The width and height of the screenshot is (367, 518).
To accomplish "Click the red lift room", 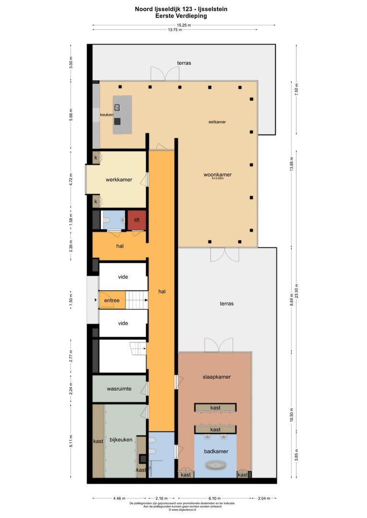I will pyautogui.click(x=137, y=220).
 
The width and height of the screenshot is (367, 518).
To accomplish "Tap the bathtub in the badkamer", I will pyautogui.click(x=215, y=465).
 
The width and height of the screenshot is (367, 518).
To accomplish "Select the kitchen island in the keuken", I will pyautogui.click(x=122, y=115).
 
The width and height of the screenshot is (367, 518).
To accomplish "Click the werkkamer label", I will pyautogui.click(x=119, y=180).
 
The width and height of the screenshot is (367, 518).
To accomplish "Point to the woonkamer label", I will pyautogui.click(x=217, y=175).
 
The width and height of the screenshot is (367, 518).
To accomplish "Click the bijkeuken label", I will pyautogui.click(x=121, y=439).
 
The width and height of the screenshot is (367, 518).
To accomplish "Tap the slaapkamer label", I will pyautogui.click(x=216, y=377).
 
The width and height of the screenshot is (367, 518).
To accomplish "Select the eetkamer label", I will pyautogui.click(x=217, y=122).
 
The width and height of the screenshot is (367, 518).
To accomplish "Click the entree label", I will pyautogui.click(x=112, y=301).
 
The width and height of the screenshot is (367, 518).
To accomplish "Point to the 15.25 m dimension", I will pyautogui.click(x=183, y=25).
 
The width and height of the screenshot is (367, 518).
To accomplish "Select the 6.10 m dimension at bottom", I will pyautogui.click(x=215, y=497).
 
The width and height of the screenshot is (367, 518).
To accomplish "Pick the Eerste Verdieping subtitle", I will pyautogui.click(x=181, y=15).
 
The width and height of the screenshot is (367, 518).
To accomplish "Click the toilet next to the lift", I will pyautogui.click(x=107, y=221).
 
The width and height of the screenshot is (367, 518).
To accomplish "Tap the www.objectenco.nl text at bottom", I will pyautogui.click(x=182, y=510).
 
